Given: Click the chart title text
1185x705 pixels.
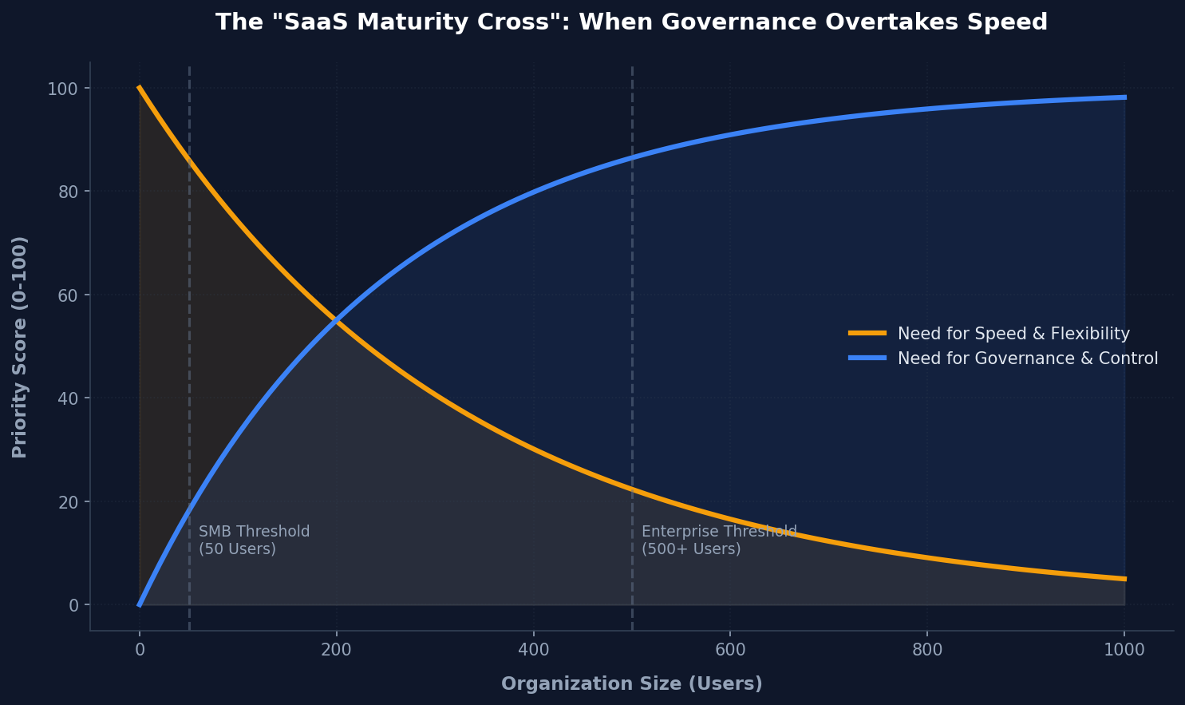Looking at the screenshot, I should [631, 22].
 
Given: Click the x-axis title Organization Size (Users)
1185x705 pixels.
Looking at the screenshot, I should [631, 684].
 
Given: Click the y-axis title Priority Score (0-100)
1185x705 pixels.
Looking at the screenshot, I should [20, 347].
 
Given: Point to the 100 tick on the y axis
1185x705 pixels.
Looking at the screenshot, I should [69, 89].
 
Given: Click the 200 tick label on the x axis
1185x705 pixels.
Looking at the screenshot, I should [336, 650].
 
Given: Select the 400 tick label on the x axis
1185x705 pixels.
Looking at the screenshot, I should [533, 650].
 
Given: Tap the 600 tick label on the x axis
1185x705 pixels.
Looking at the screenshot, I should [730, 650].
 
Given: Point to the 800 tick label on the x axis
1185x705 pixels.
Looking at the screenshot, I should [927, 650].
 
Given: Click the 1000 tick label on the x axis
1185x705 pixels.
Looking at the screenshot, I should [1124, 650].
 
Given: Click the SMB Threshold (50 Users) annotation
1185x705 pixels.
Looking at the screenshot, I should [254, 541].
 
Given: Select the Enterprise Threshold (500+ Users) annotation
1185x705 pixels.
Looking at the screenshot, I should [718, 541].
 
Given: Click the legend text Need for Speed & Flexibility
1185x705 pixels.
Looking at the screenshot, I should [1013, 335].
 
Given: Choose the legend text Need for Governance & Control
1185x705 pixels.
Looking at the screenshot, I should [1028, 358].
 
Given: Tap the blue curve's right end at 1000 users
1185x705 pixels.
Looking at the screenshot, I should [1124, 97].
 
